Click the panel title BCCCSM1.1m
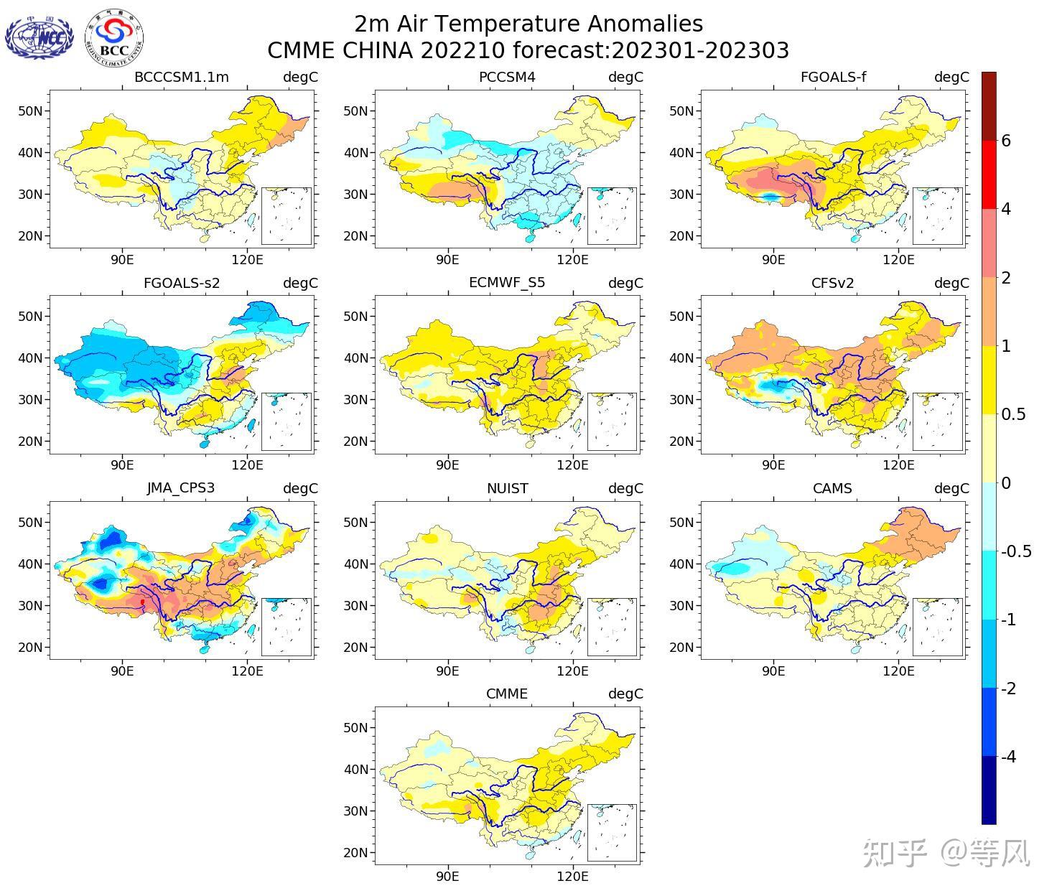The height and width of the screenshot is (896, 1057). [182, 78]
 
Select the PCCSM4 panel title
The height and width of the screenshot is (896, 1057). [507, 78]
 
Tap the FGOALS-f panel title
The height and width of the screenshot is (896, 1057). [833, 78]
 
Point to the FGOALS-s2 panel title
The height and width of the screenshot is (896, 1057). [182, 283]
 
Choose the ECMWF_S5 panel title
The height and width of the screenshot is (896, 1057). [507, 283]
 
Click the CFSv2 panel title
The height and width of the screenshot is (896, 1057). [833, 283]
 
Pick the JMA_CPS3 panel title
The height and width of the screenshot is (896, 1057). [181, 488]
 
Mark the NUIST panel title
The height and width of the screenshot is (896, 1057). [507, 488]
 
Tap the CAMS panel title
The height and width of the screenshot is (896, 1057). [833, 488]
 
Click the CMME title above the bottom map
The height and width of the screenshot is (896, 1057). [507, 694]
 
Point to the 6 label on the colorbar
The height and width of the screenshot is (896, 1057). [1006, 141]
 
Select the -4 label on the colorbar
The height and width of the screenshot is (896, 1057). [1008, 757]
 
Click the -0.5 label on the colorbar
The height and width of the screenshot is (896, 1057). [1016, 551]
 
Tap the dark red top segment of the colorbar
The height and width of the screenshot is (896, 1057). [989, 106]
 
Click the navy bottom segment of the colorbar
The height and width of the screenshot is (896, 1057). [989, 790]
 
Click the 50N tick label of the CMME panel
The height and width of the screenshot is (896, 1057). [355, 727]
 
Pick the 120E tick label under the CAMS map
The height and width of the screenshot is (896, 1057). [898, 671]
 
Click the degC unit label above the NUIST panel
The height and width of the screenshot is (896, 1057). [625, 488]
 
